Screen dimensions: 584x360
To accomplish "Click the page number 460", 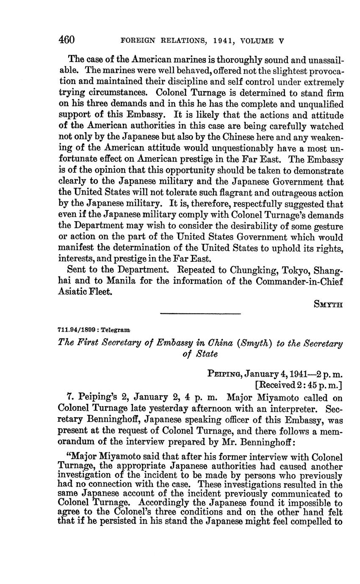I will click(x=66, y=40).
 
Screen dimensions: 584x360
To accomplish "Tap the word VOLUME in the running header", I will click(x=258, y=41).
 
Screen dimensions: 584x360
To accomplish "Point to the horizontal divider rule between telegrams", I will click(x=200, y=313).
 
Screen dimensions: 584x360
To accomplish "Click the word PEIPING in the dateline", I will click(x=223, y=374).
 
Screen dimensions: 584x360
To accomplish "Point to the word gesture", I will click(x=328, y=226).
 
